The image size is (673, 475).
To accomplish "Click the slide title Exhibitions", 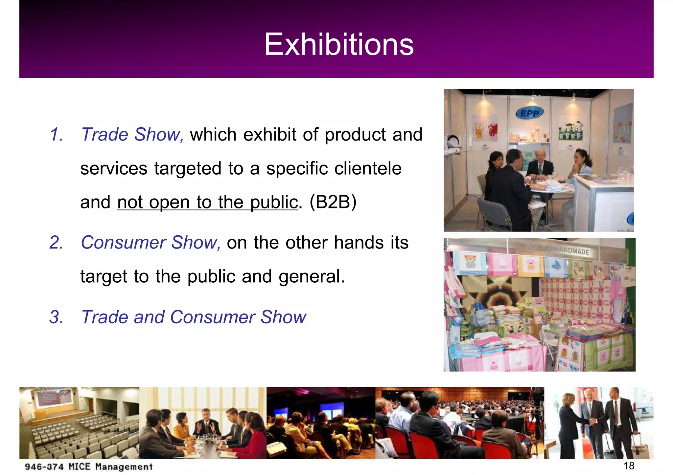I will click(339, 45).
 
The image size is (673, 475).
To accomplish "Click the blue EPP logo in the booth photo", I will click(529, 114).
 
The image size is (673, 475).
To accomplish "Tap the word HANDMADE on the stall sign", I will click(571, 250).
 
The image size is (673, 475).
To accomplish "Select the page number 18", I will click(629, 465).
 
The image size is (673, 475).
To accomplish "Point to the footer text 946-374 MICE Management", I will click(89, 466).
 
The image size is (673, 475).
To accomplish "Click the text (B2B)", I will click(333, 202).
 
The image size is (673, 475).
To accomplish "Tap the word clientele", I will click(368, 168).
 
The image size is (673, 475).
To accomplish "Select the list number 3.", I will click(56, 317).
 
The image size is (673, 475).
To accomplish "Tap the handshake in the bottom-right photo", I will click(593, 421).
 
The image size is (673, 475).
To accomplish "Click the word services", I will click(114, 168).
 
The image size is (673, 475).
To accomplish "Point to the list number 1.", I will click(56, 135).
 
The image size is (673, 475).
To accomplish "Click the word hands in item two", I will click(359, 243).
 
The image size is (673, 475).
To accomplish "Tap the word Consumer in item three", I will click(212, 317).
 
